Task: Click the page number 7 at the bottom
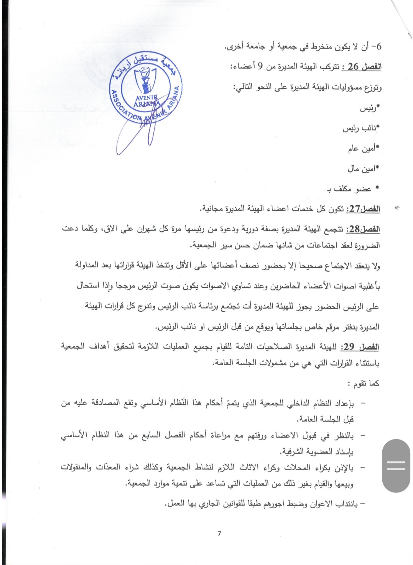(219, 534)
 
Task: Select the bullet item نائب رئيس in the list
(360, 128)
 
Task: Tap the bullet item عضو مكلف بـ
(351, 189)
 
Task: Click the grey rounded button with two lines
(396, 466)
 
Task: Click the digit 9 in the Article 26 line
(260, 67)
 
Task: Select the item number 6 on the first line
(379, 47)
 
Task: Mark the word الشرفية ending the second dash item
(292, 451)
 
